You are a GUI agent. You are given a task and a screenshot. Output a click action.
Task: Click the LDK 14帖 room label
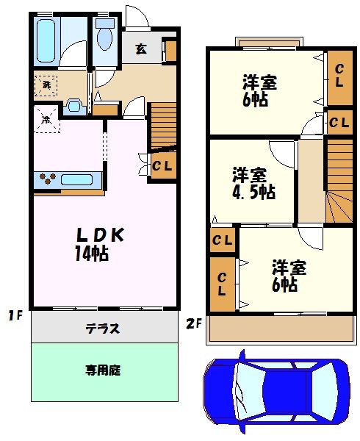(101, 244)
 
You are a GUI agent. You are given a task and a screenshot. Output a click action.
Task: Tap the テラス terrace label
(104, 329)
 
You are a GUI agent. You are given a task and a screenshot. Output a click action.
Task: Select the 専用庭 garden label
(102, 370)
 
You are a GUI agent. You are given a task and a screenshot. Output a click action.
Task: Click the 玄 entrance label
(141, 50)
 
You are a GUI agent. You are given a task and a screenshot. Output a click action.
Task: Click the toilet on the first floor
(104, 36)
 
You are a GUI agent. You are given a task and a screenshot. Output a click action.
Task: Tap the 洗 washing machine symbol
(46, 85)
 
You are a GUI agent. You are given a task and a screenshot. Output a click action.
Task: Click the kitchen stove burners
(47, 179)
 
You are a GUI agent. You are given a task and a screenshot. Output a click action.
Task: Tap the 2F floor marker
(192, 321)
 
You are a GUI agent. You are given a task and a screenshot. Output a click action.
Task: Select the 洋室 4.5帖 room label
(253, 184)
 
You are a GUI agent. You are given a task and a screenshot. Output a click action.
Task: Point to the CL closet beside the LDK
(162, 165)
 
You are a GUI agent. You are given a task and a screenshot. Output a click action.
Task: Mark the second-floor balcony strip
(279, 329)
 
